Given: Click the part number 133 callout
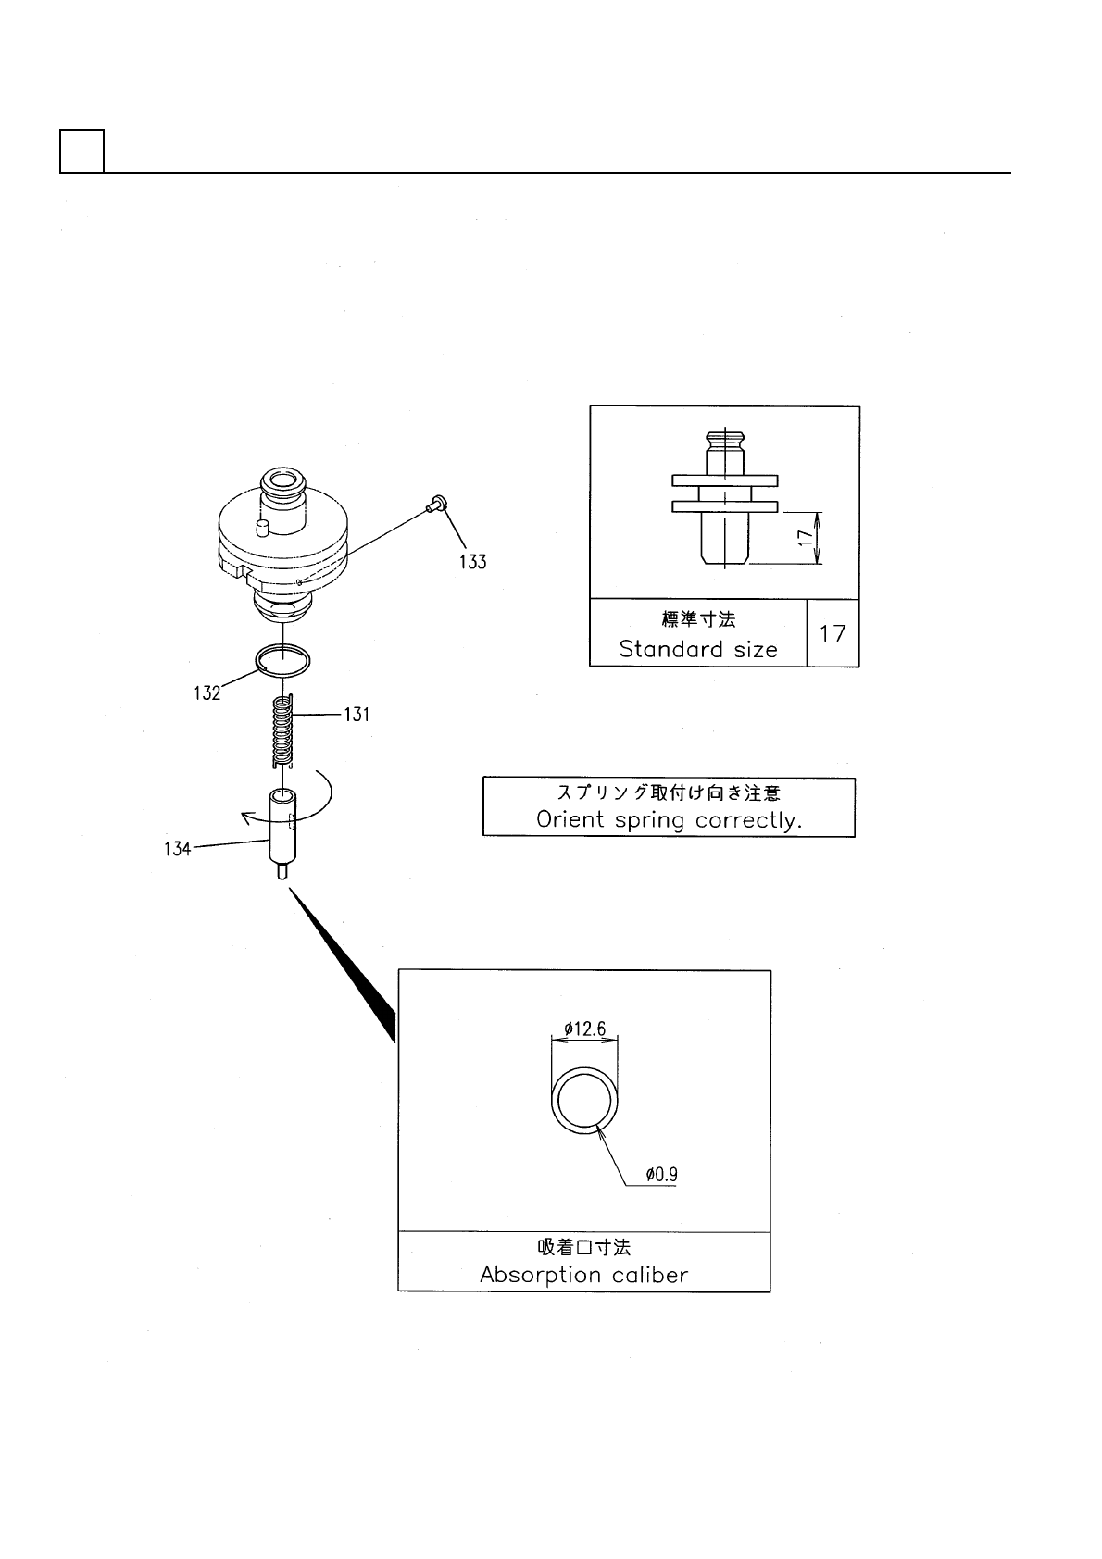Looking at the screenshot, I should point(472,562).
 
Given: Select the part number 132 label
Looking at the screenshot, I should point(207,692).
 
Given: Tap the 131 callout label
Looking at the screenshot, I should point(357,715).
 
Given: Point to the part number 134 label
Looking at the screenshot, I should point(178,848).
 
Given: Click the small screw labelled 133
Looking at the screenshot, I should point(437,504).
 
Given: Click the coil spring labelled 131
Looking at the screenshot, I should point(283,731).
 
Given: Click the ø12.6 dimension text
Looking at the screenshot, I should point(584,1029).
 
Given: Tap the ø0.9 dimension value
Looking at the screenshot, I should point(661,1175).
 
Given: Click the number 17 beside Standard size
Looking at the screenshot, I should point(833,633).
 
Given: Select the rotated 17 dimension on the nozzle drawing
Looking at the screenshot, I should point(806,537).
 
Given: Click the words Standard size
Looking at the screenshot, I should point(697,649).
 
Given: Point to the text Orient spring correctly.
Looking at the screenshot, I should point(669,820).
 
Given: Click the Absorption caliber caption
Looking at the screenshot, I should point(583,1275).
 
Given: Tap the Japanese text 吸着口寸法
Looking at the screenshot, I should point(584,1248).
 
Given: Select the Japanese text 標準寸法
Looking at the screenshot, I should point(698,619).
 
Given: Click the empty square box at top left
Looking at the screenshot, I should point(81,151).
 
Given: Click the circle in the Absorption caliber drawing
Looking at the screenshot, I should point(583,1100).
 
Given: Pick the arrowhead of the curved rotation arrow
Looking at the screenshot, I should point(245,817).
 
